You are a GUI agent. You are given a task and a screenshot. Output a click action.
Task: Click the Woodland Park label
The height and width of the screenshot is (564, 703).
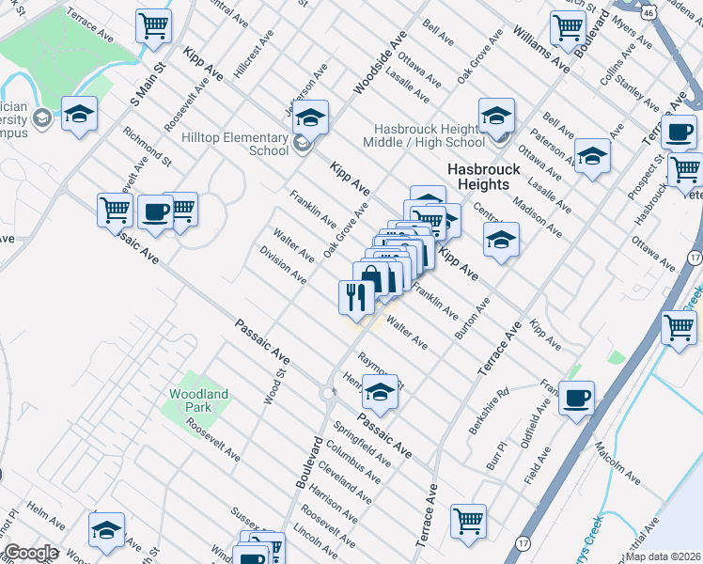point(198,400)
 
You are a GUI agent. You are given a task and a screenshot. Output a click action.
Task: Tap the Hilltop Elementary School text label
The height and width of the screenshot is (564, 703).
point(235,144)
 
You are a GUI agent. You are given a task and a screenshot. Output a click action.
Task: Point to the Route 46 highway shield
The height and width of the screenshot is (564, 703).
point(649,12)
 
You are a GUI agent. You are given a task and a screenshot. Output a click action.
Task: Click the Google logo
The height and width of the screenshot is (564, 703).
point(30,553)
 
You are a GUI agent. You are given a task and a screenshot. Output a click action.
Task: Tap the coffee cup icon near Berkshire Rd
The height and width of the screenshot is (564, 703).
point(576,398)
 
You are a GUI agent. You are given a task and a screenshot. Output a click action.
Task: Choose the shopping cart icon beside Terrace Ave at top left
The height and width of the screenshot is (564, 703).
point(153,26)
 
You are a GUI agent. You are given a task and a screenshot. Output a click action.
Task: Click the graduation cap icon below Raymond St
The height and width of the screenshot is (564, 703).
point(380,393)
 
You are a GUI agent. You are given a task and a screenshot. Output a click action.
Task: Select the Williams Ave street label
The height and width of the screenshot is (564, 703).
point(541,50)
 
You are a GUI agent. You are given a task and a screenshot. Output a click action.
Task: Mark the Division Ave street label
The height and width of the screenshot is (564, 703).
point(283,265)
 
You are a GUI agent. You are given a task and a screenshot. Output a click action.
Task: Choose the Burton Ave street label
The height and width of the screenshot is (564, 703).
point(473,319)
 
